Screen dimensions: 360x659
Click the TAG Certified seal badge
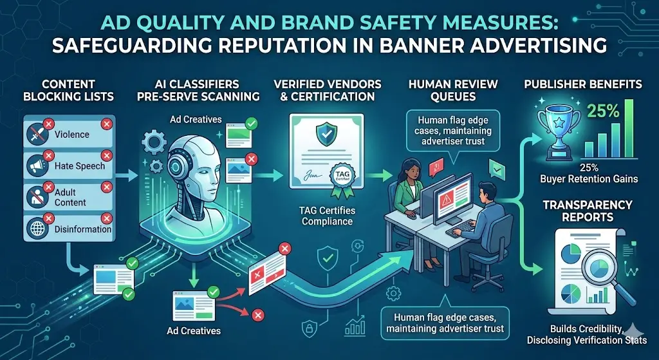coord(340,176)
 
